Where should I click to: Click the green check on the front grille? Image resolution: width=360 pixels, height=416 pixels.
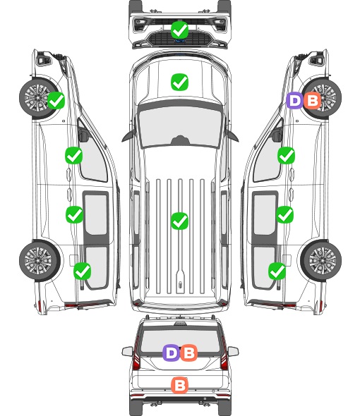(180, 30)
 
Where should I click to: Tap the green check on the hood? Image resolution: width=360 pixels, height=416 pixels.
(180, 82)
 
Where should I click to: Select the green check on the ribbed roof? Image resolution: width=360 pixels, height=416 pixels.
(180, 221)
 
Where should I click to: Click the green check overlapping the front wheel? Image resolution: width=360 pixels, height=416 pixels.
(56, 100)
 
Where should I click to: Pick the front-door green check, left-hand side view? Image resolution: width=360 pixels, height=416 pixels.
(74, 155)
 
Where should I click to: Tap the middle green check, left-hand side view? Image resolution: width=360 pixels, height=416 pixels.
(74, 214)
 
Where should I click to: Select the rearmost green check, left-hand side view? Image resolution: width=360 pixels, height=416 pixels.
(83, 271)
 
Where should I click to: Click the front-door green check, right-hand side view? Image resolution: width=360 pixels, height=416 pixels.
(286, 155)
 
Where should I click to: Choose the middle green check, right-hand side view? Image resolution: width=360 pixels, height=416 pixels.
(285, 214)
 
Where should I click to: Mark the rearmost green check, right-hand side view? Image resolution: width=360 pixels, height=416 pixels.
(277, 271)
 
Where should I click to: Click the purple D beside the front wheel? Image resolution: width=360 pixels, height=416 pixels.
(294, 100)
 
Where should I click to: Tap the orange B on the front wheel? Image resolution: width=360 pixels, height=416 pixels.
(313, 100)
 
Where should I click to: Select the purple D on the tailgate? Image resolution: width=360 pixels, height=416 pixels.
(172, 353)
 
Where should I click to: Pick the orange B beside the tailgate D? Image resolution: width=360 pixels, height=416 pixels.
(189, 353)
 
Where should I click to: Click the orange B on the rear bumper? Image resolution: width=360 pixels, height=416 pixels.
(180, 385)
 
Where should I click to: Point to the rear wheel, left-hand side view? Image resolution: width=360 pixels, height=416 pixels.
(40, 260)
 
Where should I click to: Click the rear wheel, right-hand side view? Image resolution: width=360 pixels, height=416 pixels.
(321, 260)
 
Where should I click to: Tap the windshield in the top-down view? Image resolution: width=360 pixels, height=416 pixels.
(180, 126)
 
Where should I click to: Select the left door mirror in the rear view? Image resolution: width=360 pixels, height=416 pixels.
(128, 352)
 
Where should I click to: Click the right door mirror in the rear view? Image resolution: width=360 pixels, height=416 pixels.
(233, 352)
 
